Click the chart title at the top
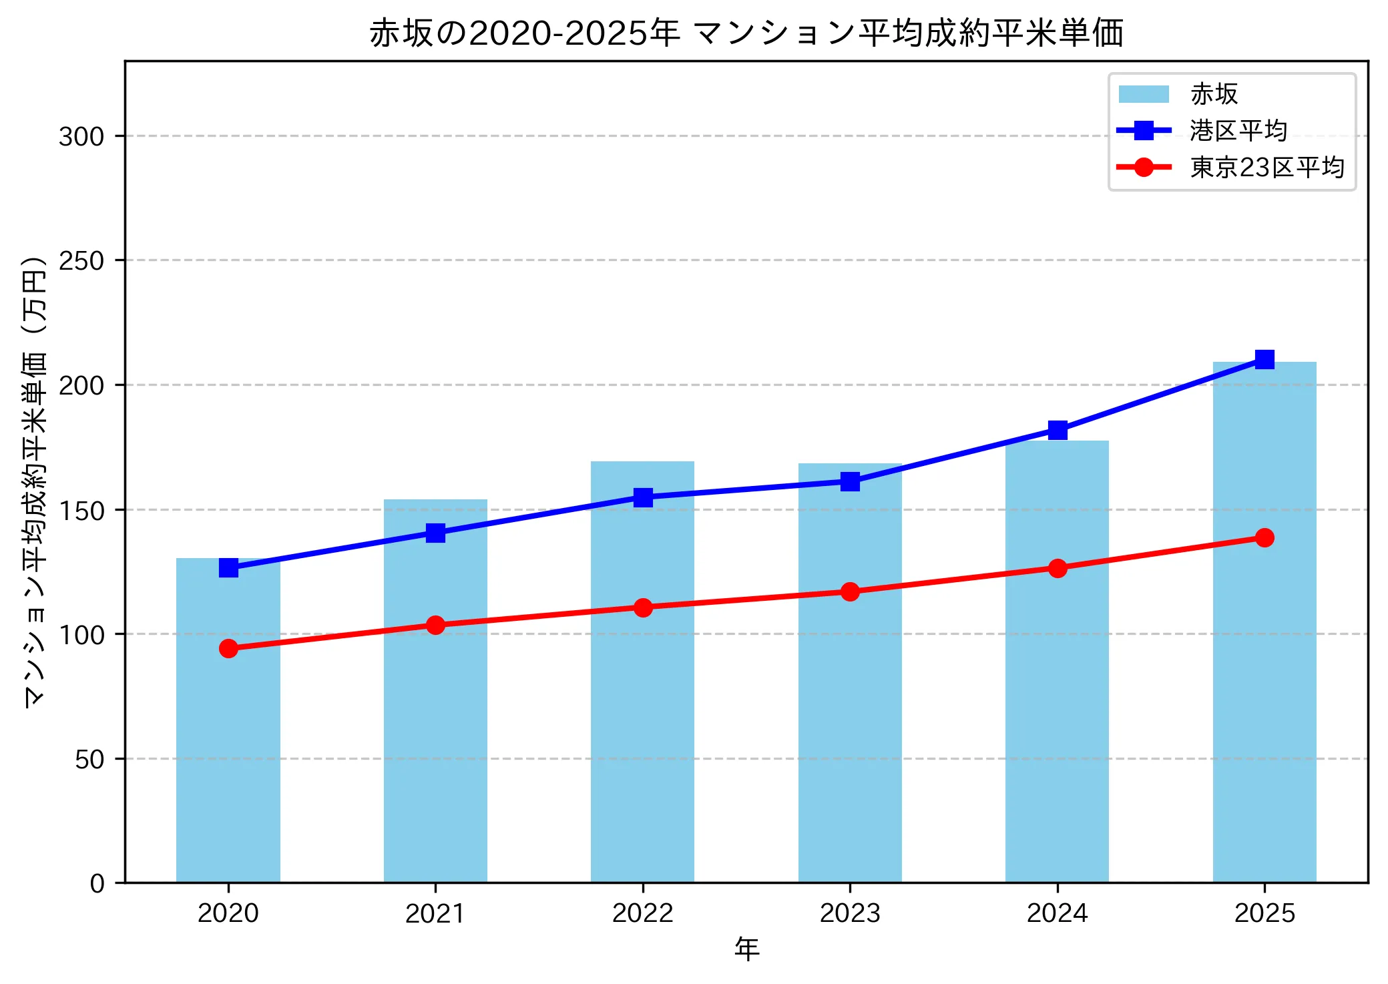coord(746,33)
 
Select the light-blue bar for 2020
coord(228,721)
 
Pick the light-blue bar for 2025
coord(1264,668)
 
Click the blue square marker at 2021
coord(435,533)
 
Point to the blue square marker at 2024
coord(1057,430)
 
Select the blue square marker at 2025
coord(1264,360)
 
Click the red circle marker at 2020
coord(228,648)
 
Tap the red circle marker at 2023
coord(850,592)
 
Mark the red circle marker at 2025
coord(1264,537)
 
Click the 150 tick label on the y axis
coord(81,511)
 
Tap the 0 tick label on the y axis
coord(97,884)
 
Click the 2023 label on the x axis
coord(850,913)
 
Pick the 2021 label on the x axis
coord(435,913)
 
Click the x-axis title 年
coord(746,949)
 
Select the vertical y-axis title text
coord(35,481)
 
